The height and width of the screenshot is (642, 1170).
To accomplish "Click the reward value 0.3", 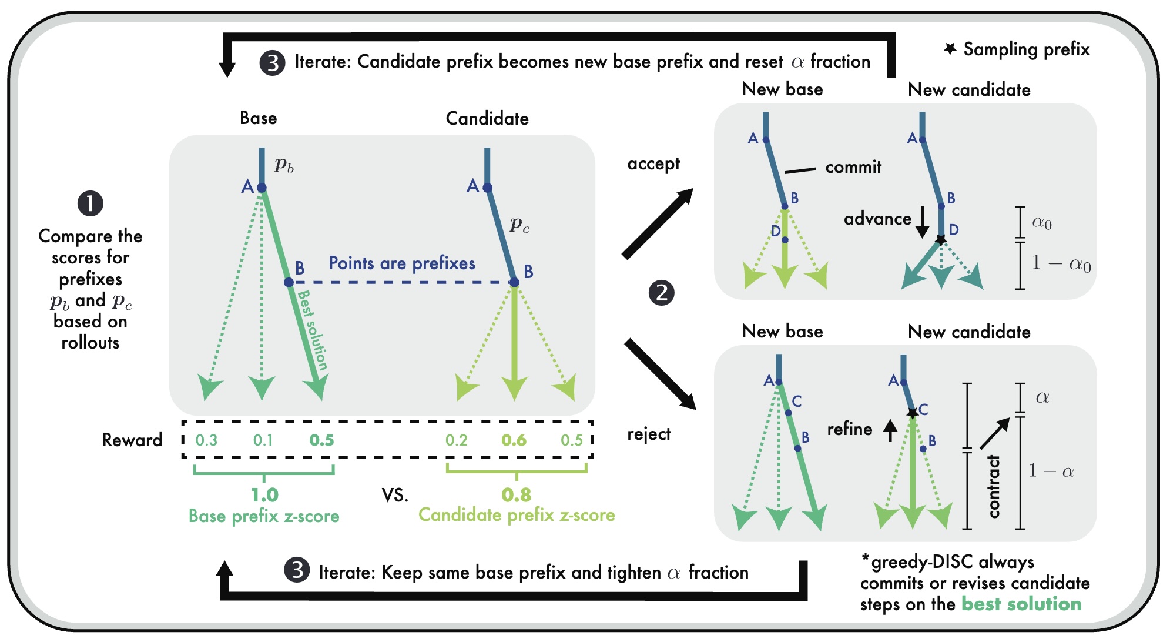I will [206, 440].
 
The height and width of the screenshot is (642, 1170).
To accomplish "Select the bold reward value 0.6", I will [514, 440].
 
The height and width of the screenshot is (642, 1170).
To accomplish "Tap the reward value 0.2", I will [457, 440].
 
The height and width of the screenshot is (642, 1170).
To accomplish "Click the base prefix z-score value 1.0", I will [264, 495].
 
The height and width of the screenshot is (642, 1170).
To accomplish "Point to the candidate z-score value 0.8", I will [516, 495].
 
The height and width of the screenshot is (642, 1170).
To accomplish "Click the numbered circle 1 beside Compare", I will [90, 203].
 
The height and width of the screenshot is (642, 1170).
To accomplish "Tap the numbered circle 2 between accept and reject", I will [662, 293].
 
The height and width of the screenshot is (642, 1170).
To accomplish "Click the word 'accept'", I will [653, 163].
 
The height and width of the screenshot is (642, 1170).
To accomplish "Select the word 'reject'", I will [649, 434].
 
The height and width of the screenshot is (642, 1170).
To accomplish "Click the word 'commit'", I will [853, 167].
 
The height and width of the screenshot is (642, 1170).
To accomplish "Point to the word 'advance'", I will [877, 219].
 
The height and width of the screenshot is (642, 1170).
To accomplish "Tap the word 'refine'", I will [850, 429].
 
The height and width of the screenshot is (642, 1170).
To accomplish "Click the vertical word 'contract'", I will [994, 487].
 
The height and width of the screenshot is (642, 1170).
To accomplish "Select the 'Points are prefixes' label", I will [402, 263].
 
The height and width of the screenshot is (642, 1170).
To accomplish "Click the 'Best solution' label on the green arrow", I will [313, 329].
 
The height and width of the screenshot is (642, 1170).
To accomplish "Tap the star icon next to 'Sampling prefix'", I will [950, 49].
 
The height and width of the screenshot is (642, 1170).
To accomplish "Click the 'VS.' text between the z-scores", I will [395, 495].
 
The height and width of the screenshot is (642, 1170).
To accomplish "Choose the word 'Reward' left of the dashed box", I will [132, 440].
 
